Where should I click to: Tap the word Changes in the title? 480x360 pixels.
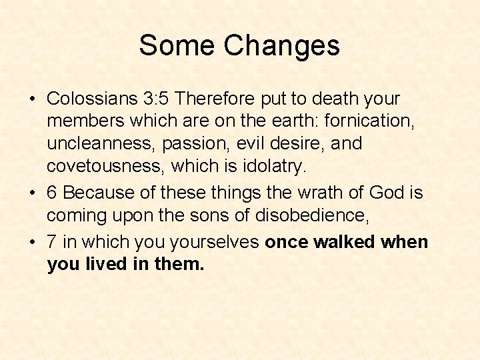pos(282,45)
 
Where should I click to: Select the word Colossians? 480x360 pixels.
pos(92,99)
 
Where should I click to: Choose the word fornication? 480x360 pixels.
pos(370,120)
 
